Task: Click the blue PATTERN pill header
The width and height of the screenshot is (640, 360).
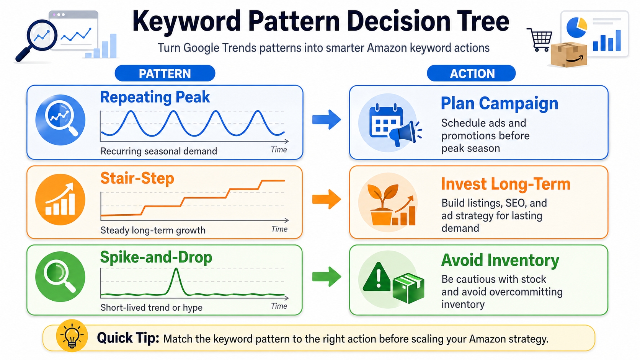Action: (165, 73)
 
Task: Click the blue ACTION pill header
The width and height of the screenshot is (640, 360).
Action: (471, 73)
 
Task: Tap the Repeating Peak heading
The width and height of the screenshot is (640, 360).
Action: (155, 97)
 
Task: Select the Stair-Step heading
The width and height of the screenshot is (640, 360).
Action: (137, 178)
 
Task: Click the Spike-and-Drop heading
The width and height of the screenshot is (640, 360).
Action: (156, 257)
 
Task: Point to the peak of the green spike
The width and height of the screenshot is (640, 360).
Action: (176, 269)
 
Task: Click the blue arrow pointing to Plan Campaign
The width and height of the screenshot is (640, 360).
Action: (326, 120)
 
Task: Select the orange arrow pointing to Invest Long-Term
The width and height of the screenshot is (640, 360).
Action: (326, 199)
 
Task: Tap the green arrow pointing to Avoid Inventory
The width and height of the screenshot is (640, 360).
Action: (326, 277)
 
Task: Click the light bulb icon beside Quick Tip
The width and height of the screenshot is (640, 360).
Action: (72, 336)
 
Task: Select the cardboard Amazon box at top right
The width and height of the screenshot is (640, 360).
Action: (569, 55)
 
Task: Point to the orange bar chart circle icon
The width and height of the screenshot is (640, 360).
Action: (60, 199)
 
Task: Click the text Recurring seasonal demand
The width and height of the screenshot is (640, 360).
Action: (158, 151)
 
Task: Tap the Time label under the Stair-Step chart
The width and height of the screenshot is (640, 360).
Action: (279, 229)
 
